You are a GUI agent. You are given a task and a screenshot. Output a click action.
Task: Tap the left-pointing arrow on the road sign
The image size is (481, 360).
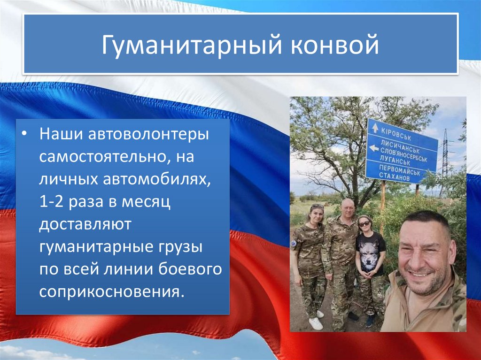pyautogui.click(x=374, y=148)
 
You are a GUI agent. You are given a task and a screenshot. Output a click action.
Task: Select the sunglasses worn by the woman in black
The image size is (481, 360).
pyautogui.click(x=364, y=224)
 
